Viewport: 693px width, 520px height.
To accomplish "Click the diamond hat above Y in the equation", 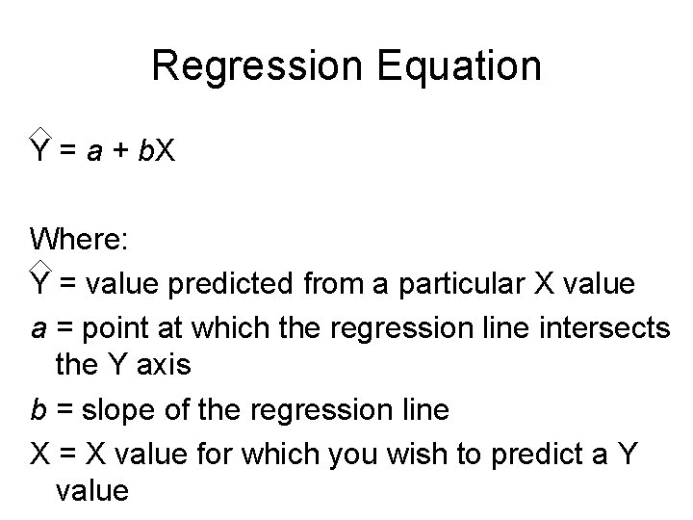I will pos(39,132).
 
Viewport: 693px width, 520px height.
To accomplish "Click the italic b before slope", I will pos(38,409).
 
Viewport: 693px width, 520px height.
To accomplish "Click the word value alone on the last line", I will pos(92,491).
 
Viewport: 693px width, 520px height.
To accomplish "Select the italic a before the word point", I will pos(38,328).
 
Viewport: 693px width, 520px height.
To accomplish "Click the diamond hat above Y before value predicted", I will pos(39,265).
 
